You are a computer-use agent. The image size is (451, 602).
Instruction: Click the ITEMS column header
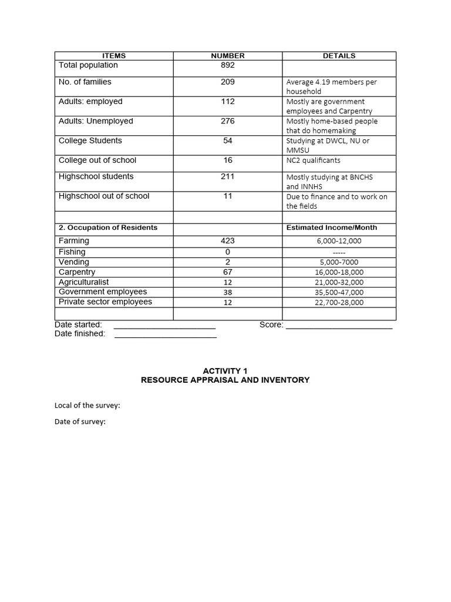pyautogui.click(x=114, y=56)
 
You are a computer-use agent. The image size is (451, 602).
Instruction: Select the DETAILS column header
pyautogui.click(x=339, y=56)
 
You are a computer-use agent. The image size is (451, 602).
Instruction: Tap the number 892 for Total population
pyautogui.click(x=228, y=65)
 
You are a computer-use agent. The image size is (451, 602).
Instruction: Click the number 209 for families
pyautogui.click(x=228, y=82)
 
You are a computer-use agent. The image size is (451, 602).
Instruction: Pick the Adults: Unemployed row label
pyautogui.click(x=96, y=121)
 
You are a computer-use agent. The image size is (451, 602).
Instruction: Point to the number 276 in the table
pyautogui.click(x=228, y=121)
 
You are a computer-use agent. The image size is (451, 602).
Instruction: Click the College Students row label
pyautogui.click(x=90, y=141)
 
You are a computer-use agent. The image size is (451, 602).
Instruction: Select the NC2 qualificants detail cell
pyautogui.click(x=313, y=160)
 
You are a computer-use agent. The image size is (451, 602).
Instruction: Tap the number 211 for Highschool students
pyautogui.click(x=228, y=176)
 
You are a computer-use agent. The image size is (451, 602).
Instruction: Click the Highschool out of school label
pyautogui.click(x=104, y=196)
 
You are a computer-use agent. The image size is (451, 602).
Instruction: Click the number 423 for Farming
pyautogui.click(x=228, y=240)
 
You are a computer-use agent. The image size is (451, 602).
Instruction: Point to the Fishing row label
pyautogui.click(x=72, y=252)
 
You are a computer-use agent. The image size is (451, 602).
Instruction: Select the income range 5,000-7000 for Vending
pyautogui.click(x=339, y=262)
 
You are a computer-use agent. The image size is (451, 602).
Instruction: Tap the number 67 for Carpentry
pyautogui.click(x=228, y=272)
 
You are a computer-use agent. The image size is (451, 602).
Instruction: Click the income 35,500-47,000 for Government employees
pyautogui.click(x=339, y=292)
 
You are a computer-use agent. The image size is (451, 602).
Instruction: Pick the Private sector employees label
pyautogui.click(x=105, y=302)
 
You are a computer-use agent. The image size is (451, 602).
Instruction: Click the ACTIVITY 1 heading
pyautogui.click(x=225, y=371)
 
